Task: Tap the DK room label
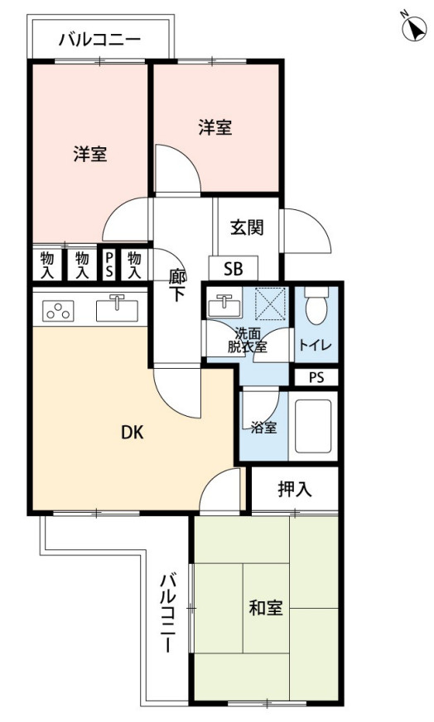click(132, 431)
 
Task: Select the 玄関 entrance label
click(247, 227)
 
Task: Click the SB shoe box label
click(233, 269)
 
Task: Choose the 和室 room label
click(266, 609)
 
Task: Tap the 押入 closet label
click(294, 489)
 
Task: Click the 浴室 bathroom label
click(263, 428)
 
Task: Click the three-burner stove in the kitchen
click(57, 311)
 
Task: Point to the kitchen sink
click(117, 309)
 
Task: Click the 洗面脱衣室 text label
click(248, 340)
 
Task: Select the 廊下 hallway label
click(177, 284)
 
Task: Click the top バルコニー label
click(100, 39)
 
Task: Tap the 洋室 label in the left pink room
click(89, 154)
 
